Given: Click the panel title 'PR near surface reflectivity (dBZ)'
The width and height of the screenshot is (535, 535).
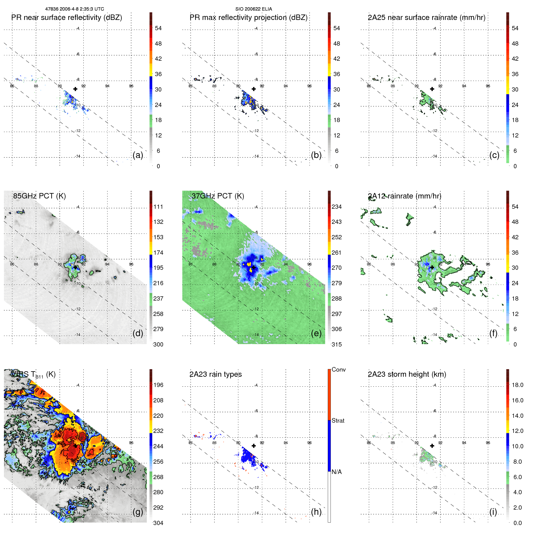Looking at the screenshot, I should (66, 18).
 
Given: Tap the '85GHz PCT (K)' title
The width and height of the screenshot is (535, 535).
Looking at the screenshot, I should (39, 196).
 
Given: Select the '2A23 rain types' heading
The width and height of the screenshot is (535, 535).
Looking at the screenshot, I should (215, 374).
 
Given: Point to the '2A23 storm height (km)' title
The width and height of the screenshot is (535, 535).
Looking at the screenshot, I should (407, 374).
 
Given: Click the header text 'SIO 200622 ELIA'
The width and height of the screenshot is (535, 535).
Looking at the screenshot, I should (253, 9).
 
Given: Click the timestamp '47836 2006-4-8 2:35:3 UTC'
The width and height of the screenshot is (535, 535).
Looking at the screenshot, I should (74, 9).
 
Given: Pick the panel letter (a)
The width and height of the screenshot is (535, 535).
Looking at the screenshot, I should (138, 155).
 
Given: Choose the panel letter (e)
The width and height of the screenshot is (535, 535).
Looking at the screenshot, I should (316, 334).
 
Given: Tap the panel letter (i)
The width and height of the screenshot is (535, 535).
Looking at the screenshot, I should (493, 512).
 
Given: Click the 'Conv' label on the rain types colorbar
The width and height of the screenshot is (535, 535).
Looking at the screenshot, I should (338, 370).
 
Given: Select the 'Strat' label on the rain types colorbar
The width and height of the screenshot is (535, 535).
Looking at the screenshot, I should (338, 421).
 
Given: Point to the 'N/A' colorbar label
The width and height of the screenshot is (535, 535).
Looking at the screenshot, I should (337, 472).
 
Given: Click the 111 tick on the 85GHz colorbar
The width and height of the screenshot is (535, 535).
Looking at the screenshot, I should (158, 207).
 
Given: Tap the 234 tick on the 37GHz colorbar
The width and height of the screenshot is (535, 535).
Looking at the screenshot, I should (337, 207).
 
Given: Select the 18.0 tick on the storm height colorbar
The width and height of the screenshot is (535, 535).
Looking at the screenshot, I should (517, 385).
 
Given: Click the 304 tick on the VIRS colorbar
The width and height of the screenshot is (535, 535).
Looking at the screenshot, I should (158, 523).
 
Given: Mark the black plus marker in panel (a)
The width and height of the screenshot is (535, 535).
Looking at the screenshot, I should (75, 89).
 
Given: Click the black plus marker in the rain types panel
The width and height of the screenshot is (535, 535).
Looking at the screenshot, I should (254, 446).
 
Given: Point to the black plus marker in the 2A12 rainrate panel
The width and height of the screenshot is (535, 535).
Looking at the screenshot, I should (432, 267).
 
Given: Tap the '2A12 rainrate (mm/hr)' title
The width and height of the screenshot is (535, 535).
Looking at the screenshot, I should (404, 196).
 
